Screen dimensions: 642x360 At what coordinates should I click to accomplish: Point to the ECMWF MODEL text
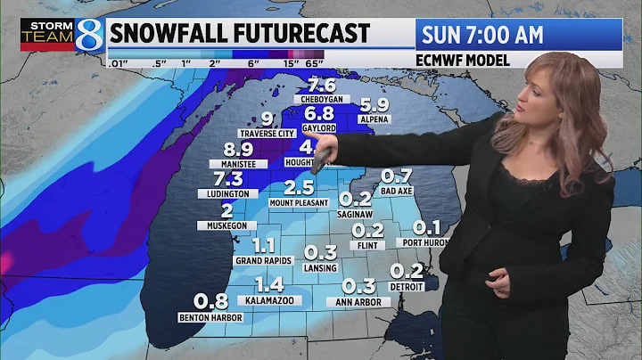pyautogui.click(x=463, y=61)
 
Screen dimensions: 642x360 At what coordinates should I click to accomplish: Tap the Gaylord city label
pyautogui.click(x=320, y=127)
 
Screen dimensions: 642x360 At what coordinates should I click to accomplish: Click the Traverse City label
pyautogui.click(x=267, y=134)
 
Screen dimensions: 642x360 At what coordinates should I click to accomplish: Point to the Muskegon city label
pyautogui.click(x=226, y=225)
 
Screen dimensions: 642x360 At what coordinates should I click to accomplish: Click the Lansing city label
pyautogui.click(x=320, y=266)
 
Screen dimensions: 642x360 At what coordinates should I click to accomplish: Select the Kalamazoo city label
pyautogui.click(x=271, y=301)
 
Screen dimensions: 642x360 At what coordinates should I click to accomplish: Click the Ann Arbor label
pyautogui.click(x=360, y=302)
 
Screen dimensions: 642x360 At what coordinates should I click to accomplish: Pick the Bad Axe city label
pyautogui.click(x=396, y=190)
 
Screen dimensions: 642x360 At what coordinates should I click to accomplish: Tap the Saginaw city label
pyautogui.click(x=355, y=214)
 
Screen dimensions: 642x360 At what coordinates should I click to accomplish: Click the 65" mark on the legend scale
pyautogui.click(x=312, y=63)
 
